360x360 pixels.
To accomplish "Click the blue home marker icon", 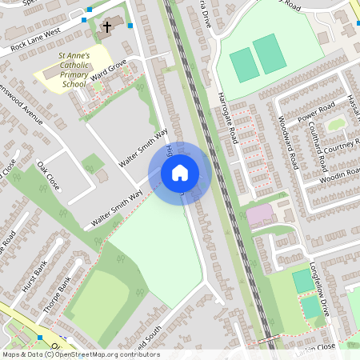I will pyautogui.click(x=180, y=172).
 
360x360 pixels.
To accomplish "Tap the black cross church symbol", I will pyautogui.click(x=106, y=28).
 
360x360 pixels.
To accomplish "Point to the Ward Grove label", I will pyautogui.click(x=110, y=77).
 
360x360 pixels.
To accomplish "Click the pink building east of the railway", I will pyautogui.click(x=258, y=214).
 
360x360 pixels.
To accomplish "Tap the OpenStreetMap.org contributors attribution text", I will pyautogui.click(x=104, y=354).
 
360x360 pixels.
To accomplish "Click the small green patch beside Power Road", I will pyautogui.click(x=337, y=124).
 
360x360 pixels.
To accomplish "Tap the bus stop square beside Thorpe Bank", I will pyautogui.click(x=39, y=338).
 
